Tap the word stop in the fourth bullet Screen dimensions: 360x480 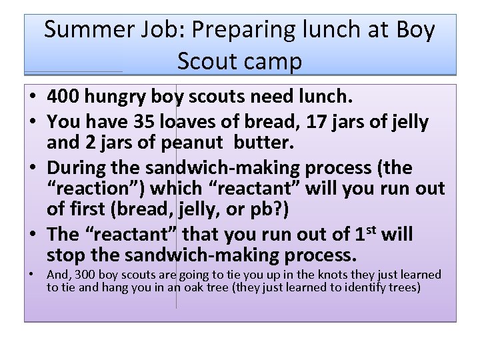(67, 255)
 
